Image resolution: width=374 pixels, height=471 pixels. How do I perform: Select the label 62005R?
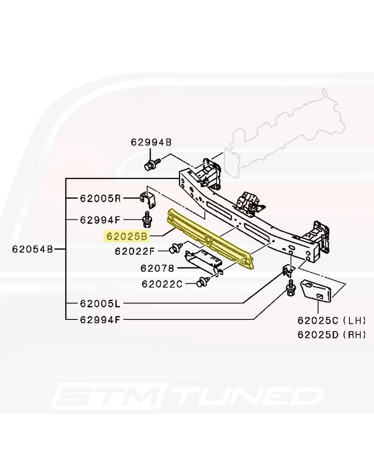tap(100, 198)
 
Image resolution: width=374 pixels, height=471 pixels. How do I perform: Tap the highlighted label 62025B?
tap(127, 236)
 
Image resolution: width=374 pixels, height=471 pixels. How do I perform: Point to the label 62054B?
tap(32, 249)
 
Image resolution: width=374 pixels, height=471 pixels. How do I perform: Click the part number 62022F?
tap(135, 251)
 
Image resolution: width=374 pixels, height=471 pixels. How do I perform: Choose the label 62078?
tap(157, 268)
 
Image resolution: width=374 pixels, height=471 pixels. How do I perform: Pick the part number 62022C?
tap(162, 284)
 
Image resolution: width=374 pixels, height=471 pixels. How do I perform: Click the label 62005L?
tap(100, 304)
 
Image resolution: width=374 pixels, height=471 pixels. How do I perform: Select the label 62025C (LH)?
tap(332, 320)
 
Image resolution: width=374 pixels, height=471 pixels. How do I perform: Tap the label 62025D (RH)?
tap(332, 334)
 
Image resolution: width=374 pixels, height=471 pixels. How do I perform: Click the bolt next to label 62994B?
tap(152, 164)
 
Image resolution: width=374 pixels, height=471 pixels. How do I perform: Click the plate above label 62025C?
tap(316, 291)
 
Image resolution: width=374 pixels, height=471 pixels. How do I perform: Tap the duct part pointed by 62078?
tap(203, 261)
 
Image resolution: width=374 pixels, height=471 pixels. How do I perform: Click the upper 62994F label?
tap(100, 220)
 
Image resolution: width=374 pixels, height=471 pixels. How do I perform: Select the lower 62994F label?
tap(100, 319)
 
